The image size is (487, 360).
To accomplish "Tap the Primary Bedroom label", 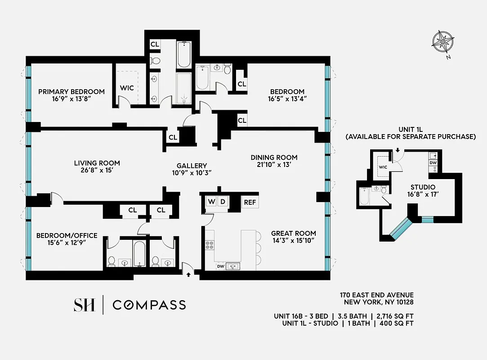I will [71, 91].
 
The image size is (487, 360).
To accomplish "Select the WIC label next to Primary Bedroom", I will [127, 88].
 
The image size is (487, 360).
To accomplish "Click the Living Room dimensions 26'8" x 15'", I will [97, 171].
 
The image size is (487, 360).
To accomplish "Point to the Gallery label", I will [192, 165].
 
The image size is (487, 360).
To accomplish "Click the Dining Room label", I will [274, 157].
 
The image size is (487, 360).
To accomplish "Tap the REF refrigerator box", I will [250, 202].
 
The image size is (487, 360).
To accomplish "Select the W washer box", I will [211, 202].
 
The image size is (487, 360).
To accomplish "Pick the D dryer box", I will [222, 202].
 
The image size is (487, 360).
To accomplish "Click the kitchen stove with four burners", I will [210, 245].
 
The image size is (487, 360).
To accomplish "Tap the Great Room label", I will [293, 233].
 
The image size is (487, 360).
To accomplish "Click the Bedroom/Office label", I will [67, 235].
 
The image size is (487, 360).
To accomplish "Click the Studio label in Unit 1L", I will [423, 187].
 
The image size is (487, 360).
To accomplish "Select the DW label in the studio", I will [433, 162].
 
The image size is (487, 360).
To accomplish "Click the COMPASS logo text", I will [149, 305].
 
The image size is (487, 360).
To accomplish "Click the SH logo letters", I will [84, 305].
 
